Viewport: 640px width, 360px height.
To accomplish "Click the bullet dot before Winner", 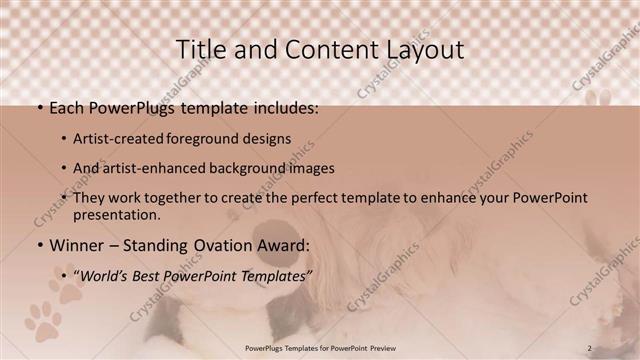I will click(38, 246).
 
